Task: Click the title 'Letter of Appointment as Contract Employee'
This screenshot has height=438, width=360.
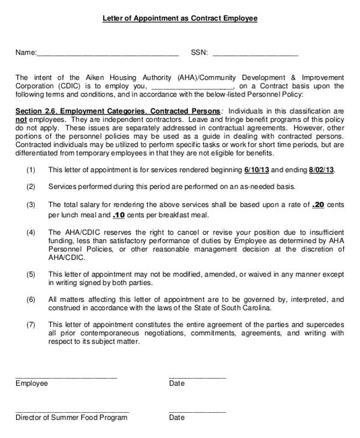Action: pyautogui.click(x=179, y=19)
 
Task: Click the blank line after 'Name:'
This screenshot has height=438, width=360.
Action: pyautogui.click(x=108, y=55)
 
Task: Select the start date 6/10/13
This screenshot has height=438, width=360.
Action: pyautogui.click(x=257, y=170)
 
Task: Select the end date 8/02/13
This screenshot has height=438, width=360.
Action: pyautogui.click(x=321, y=170)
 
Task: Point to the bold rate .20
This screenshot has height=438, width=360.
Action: pyautogui.click(x=319, y=205)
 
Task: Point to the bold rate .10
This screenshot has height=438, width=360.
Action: pyautogui.click(x=118, y=215)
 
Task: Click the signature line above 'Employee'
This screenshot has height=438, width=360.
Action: pyautogui.click(x=66, y=377)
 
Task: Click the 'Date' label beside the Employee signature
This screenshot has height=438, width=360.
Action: pyautogui.click(x=176, y=383)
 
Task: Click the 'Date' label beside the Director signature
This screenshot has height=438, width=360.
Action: pyautogui.click(x=176, y=418)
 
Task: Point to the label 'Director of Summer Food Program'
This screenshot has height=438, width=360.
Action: pyautogui.click(x=71, y=418)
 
